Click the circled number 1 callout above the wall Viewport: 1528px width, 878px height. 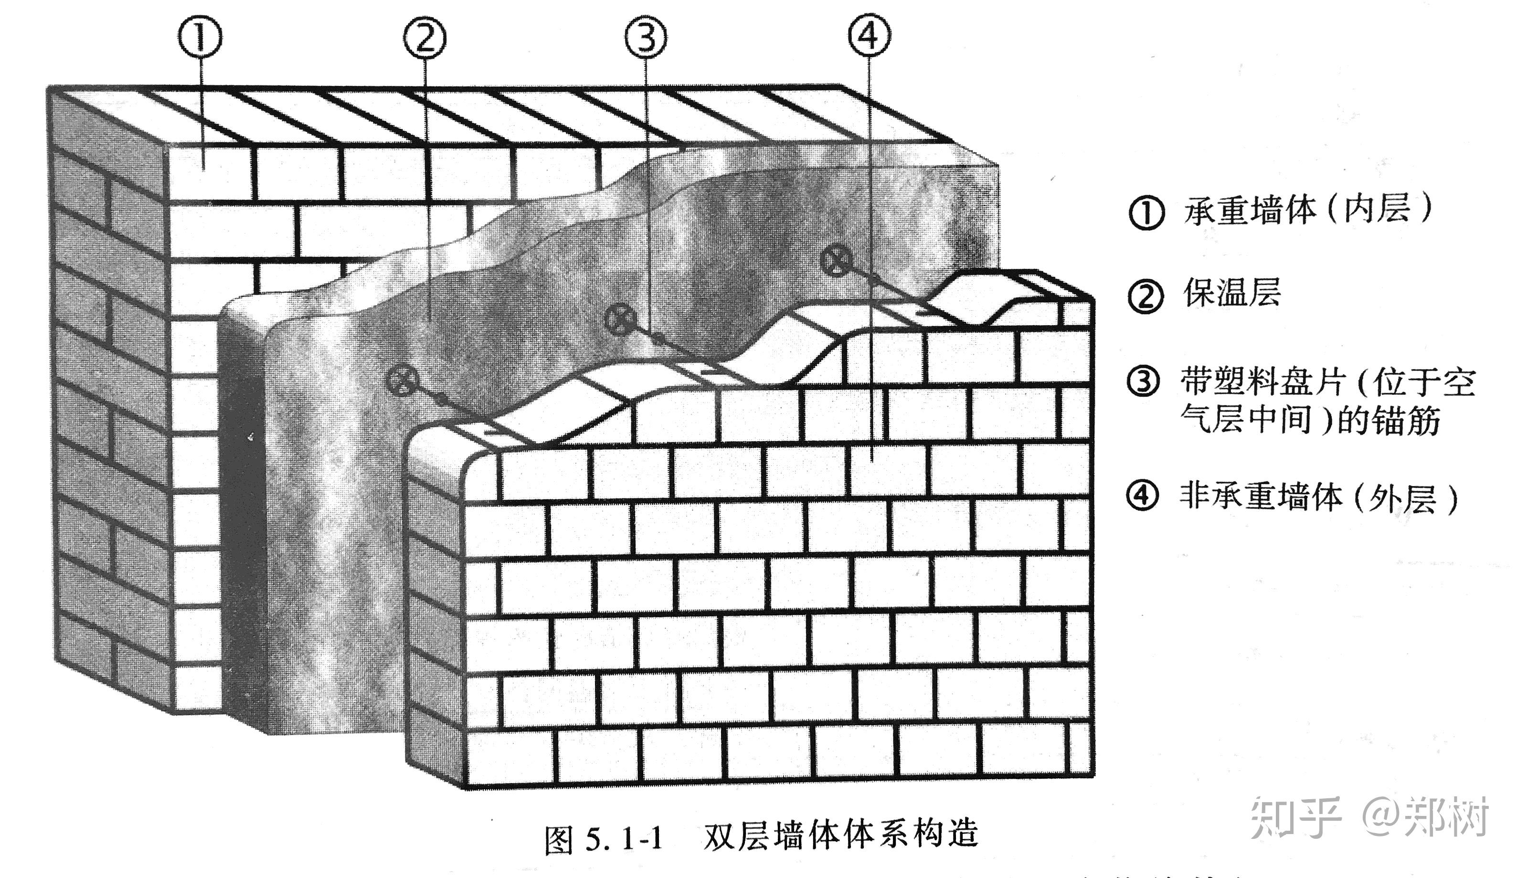(x=200, y=37)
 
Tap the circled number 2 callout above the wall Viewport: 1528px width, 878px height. (x=425, y=37)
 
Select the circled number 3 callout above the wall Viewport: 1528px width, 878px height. (x=646, y=37)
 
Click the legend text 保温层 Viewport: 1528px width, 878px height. (x=1231, y=294)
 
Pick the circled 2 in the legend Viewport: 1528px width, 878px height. (x=1145, y=296)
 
